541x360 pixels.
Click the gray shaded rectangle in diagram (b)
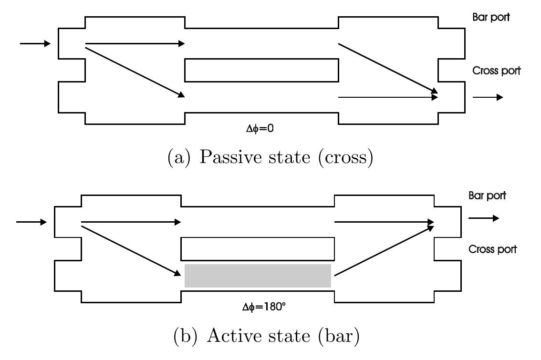point(258,276)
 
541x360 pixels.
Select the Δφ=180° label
point(264,307)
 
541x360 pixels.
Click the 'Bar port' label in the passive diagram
point(491,17)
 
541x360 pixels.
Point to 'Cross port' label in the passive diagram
point(496,71)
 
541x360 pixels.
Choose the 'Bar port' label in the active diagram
point(487,195)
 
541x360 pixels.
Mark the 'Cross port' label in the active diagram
point(492,249)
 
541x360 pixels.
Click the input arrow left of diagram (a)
point(35,44)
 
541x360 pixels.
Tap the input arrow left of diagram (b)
point(31,222)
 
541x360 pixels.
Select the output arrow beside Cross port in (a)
point(488,97)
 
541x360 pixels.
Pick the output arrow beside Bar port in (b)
point(484,218)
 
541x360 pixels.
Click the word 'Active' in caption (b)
point(233,336)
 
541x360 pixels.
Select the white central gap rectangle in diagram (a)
point(261,70)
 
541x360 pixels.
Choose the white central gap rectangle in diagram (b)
point(258,248)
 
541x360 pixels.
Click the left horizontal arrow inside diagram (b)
point(131,222)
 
